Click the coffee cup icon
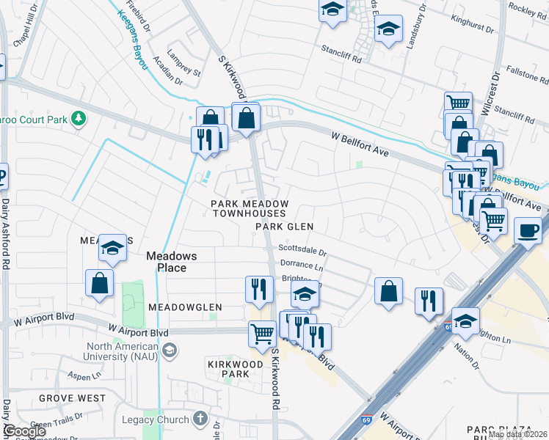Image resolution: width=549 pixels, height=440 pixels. (528, 230)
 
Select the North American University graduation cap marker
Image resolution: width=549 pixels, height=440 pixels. (170, 350)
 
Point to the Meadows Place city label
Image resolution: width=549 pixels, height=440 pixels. (166, 262)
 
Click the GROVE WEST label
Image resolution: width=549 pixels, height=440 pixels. (72, 398)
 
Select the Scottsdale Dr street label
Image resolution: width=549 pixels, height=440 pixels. (302, 249)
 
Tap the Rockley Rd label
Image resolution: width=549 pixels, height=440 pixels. (527, 10)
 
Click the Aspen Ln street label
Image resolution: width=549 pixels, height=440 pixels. (84, 375)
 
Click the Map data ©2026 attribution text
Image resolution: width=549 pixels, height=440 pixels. (517, 434)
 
